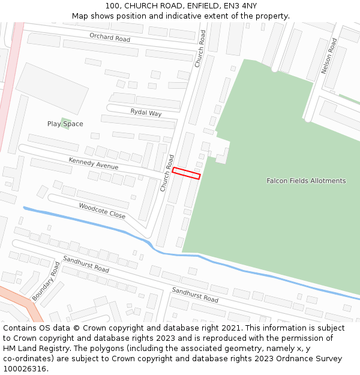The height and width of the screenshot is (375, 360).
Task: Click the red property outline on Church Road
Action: pos(186,173)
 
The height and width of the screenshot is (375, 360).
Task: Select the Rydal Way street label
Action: pos(146,113)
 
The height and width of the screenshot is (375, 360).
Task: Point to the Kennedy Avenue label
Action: pos(93,164)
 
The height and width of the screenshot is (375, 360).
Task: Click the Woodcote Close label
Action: pos(102,210)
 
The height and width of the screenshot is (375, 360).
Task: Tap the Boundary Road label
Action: pos(46,281)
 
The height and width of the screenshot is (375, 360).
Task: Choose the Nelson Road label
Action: pos(329,56)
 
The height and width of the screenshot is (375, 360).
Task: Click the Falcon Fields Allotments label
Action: pos(306,181)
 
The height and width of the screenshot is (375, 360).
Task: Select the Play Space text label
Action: pos(65,124)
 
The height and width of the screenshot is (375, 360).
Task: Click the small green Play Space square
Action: pos(65,123)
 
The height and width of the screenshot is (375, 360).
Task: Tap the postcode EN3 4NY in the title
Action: pos(243,6)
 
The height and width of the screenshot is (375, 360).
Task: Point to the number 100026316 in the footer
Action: pos(24,369)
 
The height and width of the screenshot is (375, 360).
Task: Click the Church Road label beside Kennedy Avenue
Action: pos(166,173)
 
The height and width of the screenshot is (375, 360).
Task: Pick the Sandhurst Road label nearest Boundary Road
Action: pos(86,265)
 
